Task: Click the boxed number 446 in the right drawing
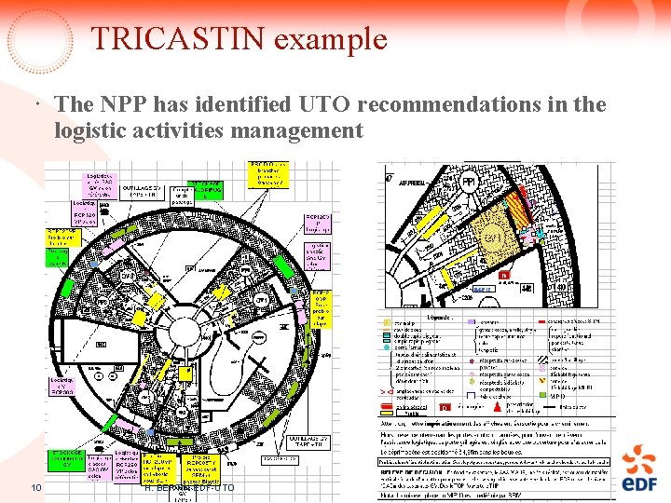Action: tap(527, 288)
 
